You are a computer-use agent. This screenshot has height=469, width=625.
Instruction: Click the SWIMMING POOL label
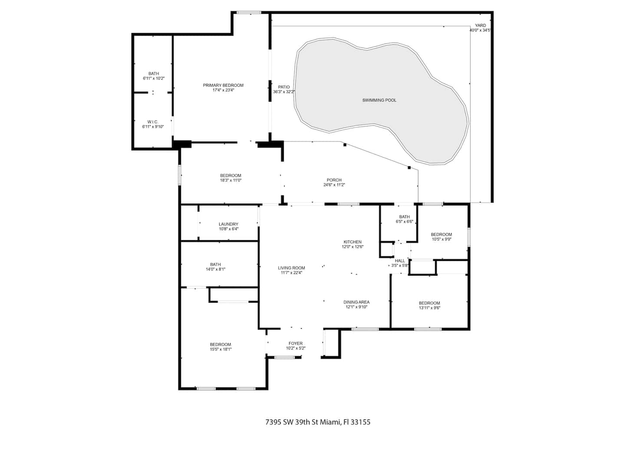pyautogui.click(x=379, y=100)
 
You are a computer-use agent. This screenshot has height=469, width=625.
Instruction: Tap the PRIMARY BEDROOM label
pyautogui.click(x=223, y=85)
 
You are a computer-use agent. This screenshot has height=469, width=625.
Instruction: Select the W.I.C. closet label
pyautogui.click(x=153, y=122)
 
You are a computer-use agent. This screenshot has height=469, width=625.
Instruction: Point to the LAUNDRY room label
pyautogui.click(x=228, y=224)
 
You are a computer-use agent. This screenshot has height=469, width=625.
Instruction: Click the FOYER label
pyautogui.click(x=296, y=343)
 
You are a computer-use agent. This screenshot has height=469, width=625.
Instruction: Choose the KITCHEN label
pyautogui.click(x=352, y=242)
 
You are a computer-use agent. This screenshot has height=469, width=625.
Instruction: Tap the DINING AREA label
pyautogui.click(x=356, y=302)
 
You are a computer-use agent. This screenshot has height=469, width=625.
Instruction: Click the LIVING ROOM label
pyautogui.click(x=291, y=268)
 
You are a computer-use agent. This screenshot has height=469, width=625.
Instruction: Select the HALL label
pyautogui.click(x=400, y=261)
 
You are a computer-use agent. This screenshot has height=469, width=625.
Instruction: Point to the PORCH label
pyautogui.click(x=334, y=180)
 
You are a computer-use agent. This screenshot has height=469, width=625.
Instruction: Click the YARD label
pyautogui.click(x=480, y=25)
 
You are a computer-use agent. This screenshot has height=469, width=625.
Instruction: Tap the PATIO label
pyautogui.click(x=284, y=87)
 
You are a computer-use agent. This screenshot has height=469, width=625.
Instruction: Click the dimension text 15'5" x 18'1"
pyautogui.click(x=220, y=349)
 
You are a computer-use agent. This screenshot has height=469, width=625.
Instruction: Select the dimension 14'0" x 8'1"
pyautogui.click(x=216, y=269)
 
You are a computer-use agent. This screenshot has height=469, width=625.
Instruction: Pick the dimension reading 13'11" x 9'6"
pyautogui.click(x=429, y=307)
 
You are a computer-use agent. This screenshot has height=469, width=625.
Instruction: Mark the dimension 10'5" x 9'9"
pyautogui.click(x=441, y=239)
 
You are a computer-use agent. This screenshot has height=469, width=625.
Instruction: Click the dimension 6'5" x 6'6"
pyautogui.click(x=405, y=221)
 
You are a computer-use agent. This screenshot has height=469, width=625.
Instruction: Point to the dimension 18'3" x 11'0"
pyautogui.click(x=230, y=180)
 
